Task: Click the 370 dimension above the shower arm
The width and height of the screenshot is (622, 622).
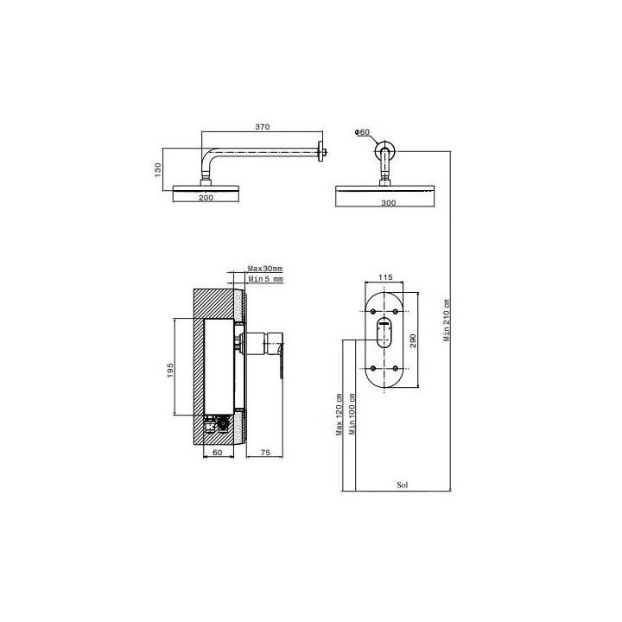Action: point(263,127)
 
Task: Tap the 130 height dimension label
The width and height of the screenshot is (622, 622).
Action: point(158,170)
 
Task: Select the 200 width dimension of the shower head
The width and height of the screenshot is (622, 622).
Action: point(206,198)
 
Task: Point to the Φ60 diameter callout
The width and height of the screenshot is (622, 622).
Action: point(362,131)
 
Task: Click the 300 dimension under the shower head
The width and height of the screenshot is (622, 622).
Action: point(389,203)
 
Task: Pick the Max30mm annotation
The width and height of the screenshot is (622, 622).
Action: point(265,269)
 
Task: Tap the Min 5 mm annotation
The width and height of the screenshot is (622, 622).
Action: point(266,279)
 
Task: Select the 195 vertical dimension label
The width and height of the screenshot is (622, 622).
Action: point(170,370)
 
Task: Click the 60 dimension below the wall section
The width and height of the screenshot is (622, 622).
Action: point(218,452)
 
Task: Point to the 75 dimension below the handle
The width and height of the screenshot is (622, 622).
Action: point(265,452)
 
